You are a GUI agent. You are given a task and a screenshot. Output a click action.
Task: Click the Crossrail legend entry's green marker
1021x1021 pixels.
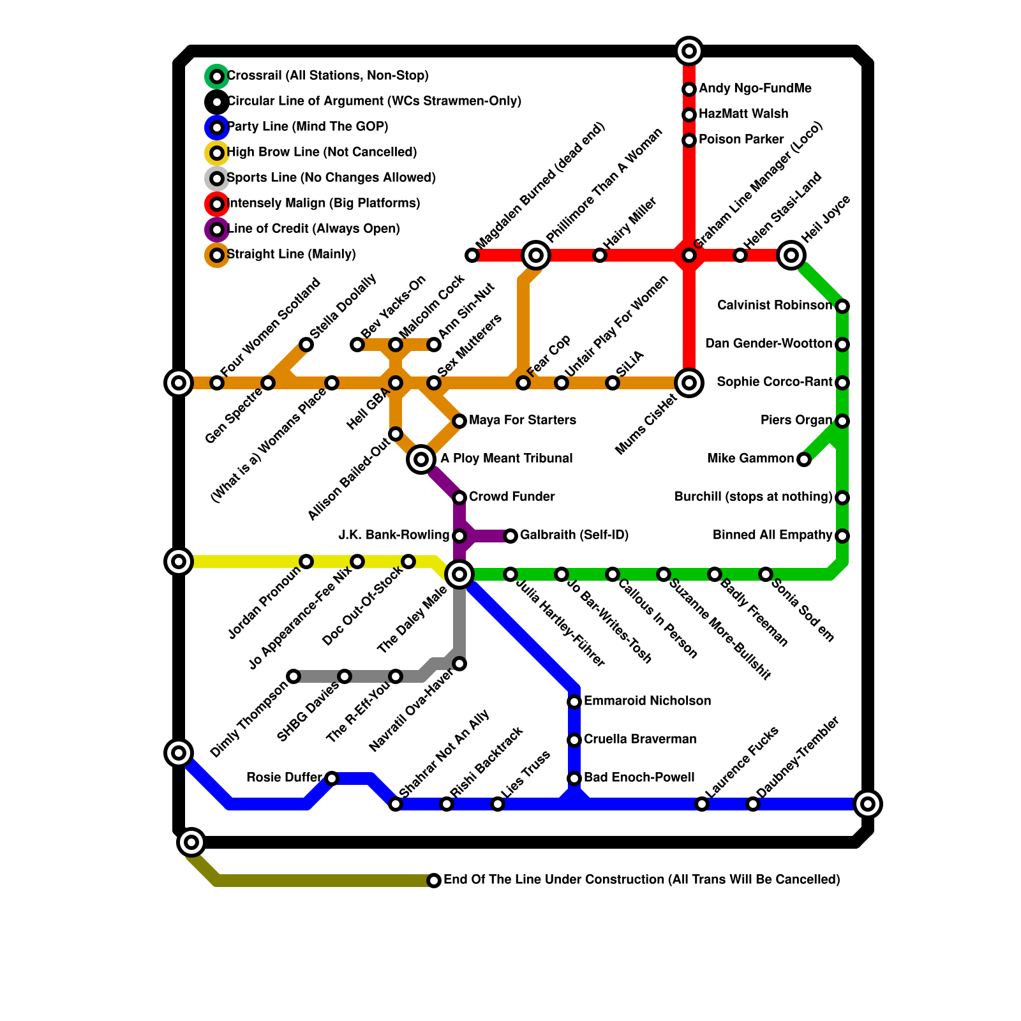(217, 77)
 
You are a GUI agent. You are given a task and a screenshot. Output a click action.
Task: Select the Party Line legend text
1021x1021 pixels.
(308, 127)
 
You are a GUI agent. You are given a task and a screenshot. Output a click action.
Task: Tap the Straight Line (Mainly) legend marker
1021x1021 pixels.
(217, 255)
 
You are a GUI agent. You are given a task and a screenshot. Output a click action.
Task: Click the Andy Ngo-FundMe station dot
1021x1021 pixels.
(689, 89)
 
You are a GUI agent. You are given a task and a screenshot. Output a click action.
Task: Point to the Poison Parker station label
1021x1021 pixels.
(742, 140)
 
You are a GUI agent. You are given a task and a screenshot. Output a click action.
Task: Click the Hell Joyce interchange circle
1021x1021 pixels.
(791, 255)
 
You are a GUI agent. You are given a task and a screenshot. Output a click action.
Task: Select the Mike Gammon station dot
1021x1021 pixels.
(804, 459)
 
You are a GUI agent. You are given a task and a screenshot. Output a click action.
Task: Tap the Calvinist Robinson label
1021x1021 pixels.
(775, 306)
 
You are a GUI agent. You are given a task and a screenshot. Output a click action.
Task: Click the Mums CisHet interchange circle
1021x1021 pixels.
(689, 383)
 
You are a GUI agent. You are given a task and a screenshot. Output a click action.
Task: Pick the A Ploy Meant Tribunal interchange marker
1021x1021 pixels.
(421, 459)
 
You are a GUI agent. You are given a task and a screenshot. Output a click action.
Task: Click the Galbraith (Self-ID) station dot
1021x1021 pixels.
(511, 536)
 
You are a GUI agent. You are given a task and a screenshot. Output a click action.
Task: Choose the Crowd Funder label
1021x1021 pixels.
(512, 497)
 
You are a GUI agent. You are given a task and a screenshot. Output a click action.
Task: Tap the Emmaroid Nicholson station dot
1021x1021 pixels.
(574, 702)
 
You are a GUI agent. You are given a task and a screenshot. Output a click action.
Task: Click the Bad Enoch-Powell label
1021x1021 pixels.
(639, 778)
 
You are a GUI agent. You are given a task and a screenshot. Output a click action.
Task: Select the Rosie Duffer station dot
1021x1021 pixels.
(332, 779)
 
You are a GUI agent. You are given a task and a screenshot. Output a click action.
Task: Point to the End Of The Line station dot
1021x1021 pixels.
(434, 881)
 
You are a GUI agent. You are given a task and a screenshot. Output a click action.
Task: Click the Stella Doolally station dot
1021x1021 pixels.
(306, 345)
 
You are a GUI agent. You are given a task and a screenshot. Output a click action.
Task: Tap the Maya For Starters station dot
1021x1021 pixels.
(459, 421)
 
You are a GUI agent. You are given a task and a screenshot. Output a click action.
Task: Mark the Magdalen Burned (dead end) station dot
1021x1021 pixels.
(472, 255)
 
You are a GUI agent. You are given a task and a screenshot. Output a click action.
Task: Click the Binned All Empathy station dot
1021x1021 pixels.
(842, 536)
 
